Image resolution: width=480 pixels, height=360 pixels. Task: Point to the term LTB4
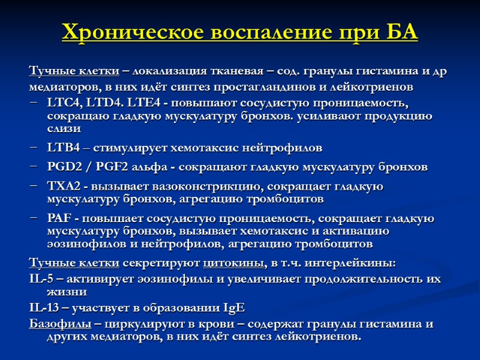click(x=63, y=147)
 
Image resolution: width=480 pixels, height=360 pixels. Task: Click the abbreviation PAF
click(x=59, y=218)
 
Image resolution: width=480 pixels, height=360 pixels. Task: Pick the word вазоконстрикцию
click(x=190, y=186)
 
